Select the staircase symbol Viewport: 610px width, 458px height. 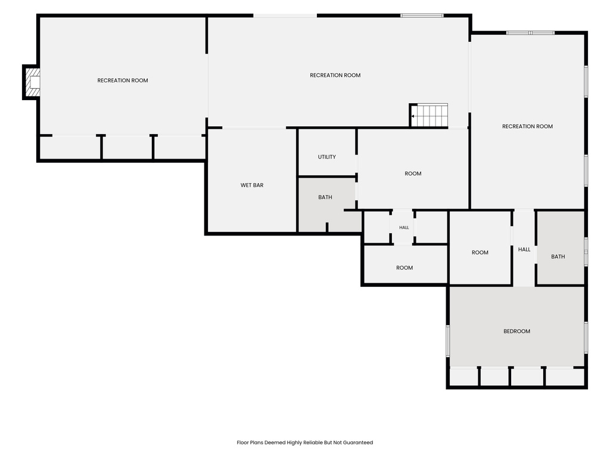[x=429, y=115]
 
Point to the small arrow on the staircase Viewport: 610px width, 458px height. [x=413, y=116]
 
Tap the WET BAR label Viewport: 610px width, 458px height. [x=252, y=185]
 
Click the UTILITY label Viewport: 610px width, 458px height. [x=327, y=157]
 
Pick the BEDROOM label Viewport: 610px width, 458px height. [x=516, y=332]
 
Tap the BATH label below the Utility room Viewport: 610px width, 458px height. [x=325, y=197]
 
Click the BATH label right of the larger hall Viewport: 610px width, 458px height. [x=558, y=256]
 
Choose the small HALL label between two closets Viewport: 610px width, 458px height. [x=404, y=227]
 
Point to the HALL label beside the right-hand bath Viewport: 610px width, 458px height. [x=524, y=250]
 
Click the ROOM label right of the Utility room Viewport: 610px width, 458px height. [x=413, y=174]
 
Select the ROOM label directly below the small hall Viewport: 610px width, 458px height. [x=404, y=268]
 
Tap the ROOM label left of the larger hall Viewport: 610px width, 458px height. [x=480, y=253]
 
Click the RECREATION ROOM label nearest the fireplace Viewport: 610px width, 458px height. [x=123, y=81]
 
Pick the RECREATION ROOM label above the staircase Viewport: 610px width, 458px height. [x=335, y=76]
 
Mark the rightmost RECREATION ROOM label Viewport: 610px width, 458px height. [x=527, y=126]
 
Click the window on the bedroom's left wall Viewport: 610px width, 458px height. [x=448, y=341]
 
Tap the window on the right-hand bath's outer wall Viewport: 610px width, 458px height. [x=586, y=252]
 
